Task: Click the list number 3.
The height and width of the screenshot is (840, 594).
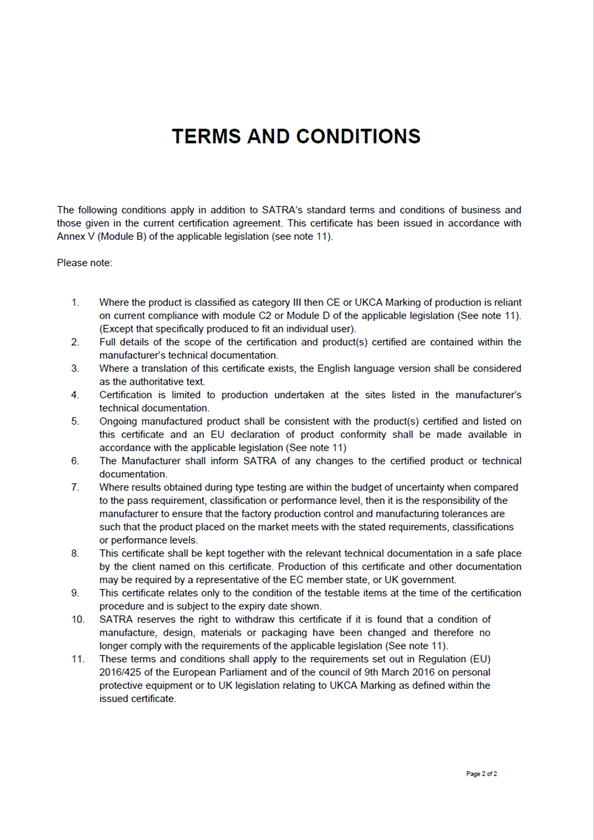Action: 75,369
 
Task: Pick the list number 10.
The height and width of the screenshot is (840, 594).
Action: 78,619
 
